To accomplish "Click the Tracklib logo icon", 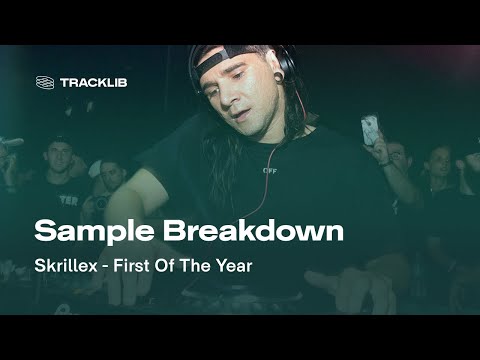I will point(45,82).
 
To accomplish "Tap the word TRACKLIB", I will point(94,82).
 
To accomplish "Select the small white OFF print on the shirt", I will point(269,170).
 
